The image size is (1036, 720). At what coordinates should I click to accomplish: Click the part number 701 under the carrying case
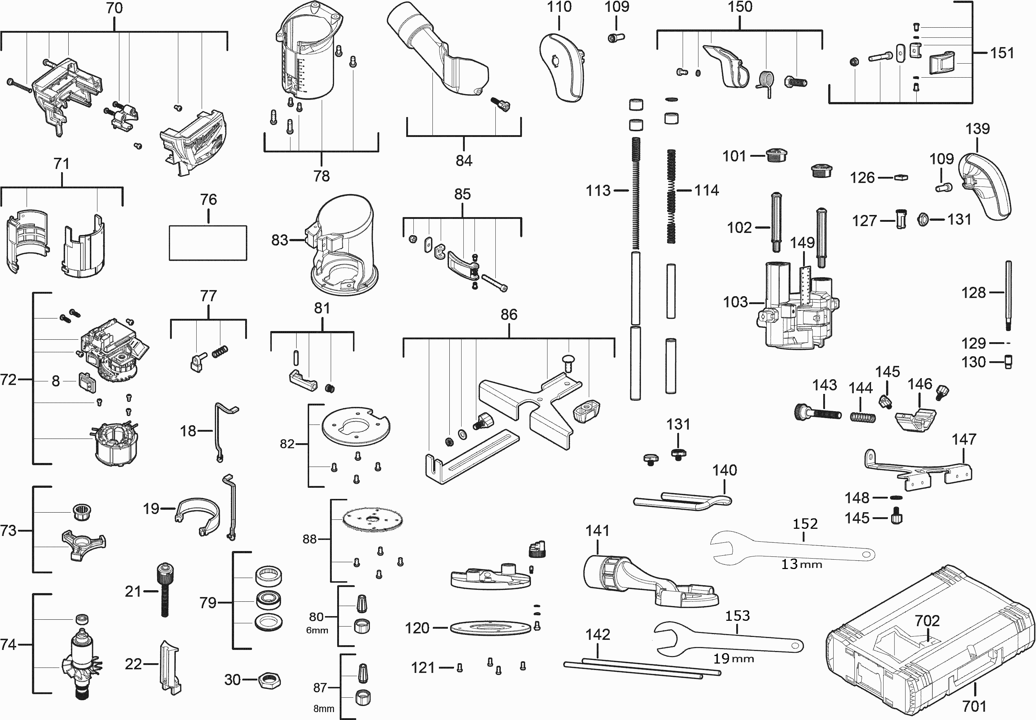(974, 706)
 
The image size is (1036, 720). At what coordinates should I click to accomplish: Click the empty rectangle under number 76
(208, 243)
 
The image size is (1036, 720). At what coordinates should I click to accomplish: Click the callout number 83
(280, 240)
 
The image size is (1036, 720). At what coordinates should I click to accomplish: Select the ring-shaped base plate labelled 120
(490, 628)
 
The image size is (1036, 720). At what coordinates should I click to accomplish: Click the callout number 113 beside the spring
(598, 191)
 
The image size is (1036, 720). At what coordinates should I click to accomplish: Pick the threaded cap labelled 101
(776, 156)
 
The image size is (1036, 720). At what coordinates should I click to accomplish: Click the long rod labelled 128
(1008, 296)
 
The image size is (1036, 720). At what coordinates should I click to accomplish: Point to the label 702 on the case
(927, 621)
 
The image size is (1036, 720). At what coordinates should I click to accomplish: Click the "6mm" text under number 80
(317, 630)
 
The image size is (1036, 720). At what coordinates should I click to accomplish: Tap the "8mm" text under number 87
(324, 709)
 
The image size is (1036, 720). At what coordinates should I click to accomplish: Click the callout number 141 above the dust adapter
(597, 531)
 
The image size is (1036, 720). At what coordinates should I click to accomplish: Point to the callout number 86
(509, 315)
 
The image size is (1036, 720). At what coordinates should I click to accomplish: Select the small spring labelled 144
(863, 417)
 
